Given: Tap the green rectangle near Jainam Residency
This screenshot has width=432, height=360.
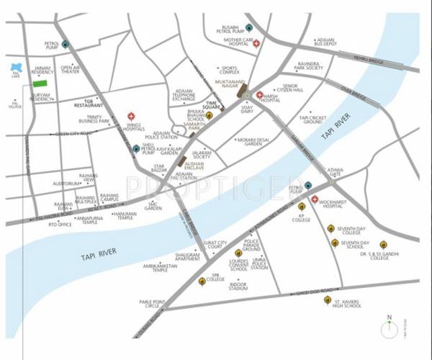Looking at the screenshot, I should pyautogui.click(x=40, y=84).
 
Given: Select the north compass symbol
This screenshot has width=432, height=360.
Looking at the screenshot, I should pyautogui.click(x=390, y=328).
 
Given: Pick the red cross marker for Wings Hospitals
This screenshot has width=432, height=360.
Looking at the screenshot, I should pyautogui.click(x=131, y=115).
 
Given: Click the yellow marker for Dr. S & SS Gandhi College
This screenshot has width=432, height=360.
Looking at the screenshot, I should pyautogui.click(x=383, y=243).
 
